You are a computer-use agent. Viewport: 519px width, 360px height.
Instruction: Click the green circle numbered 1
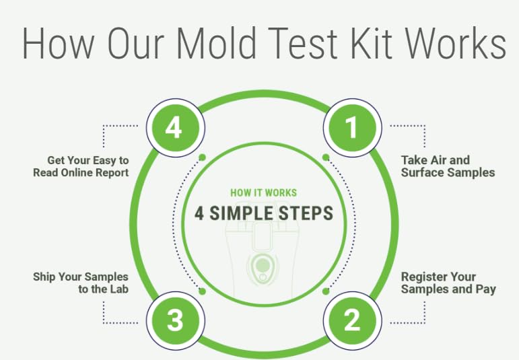pyautogui.click(x=352, y=127)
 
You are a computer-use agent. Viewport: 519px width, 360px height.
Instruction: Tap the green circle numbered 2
pyautogui.click(x=352, y=320)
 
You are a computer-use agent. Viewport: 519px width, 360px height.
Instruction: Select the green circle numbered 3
pyautogui.click(x=175, y=320)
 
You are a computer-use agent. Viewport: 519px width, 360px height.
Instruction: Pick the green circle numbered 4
pyautogui.click(x=174, y=127)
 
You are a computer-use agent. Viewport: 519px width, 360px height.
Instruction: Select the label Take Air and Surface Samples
pyautogui.click(x=448, y=166)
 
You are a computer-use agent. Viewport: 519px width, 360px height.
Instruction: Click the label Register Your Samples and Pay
pyautogui.click(x=448, y=283)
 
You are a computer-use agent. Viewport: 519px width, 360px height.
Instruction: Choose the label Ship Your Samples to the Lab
pyautogui.click(x=81, y=283)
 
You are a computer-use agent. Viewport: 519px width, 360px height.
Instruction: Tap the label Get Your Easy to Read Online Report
pyautogui.click(x=81, y=166)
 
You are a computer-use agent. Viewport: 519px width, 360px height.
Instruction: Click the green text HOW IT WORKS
pyautogui.click(x=263, y=192)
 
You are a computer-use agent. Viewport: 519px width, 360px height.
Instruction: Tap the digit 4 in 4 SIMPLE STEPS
pyautogui.click(x=199, y=214)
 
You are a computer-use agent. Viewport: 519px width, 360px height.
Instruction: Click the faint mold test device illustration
pyautogui.click(x=263, y=262)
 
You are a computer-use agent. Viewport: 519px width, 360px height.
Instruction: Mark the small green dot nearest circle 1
pyautogui.click(x=326, y=157)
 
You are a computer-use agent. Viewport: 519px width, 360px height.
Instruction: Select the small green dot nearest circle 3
pyautogui.click(x=202, y=291)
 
